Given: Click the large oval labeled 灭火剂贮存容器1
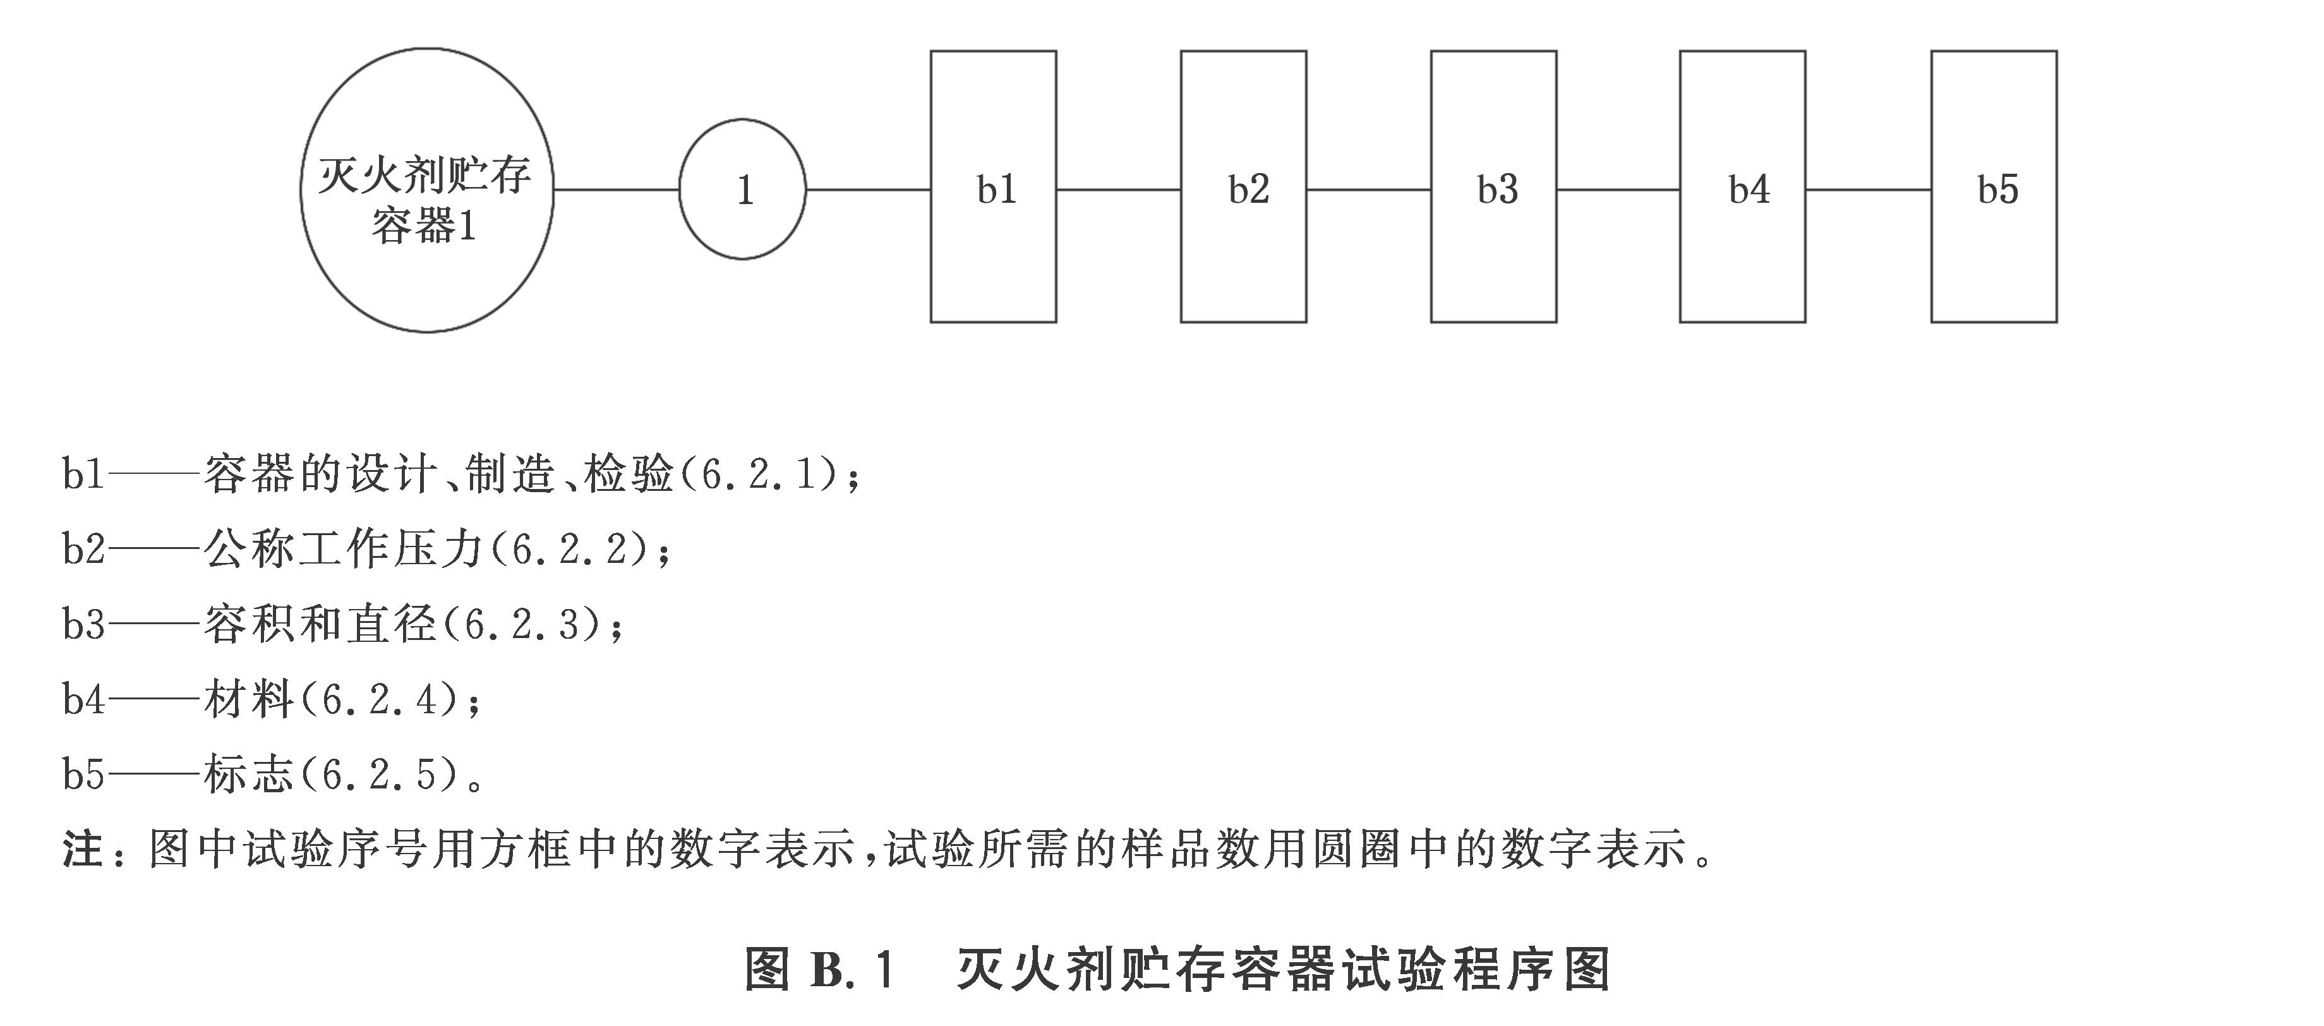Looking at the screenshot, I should (x=427, y=190).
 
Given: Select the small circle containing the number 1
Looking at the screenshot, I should (x=742, y=190).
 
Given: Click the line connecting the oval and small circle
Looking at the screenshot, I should (x=616, y=190).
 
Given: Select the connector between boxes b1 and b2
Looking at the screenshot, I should (x=1119, y=190).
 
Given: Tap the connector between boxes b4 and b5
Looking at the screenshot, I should (x=1869, y=190).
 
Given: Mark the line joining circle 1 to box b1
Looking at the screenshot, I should (x=868, y=190).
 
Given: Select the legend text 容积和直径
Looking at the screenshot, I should (x=320, y=624).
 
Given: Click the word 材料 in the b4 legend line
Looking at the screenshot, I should (x=249, y=699).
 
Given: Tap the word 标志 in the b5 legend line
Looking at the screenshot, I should (x=249, y=774).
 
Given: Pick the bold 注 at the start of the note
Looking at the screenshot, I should (x=82, y=849).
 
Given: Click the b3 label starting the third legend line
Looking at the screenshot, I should (x=83, y=624).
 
